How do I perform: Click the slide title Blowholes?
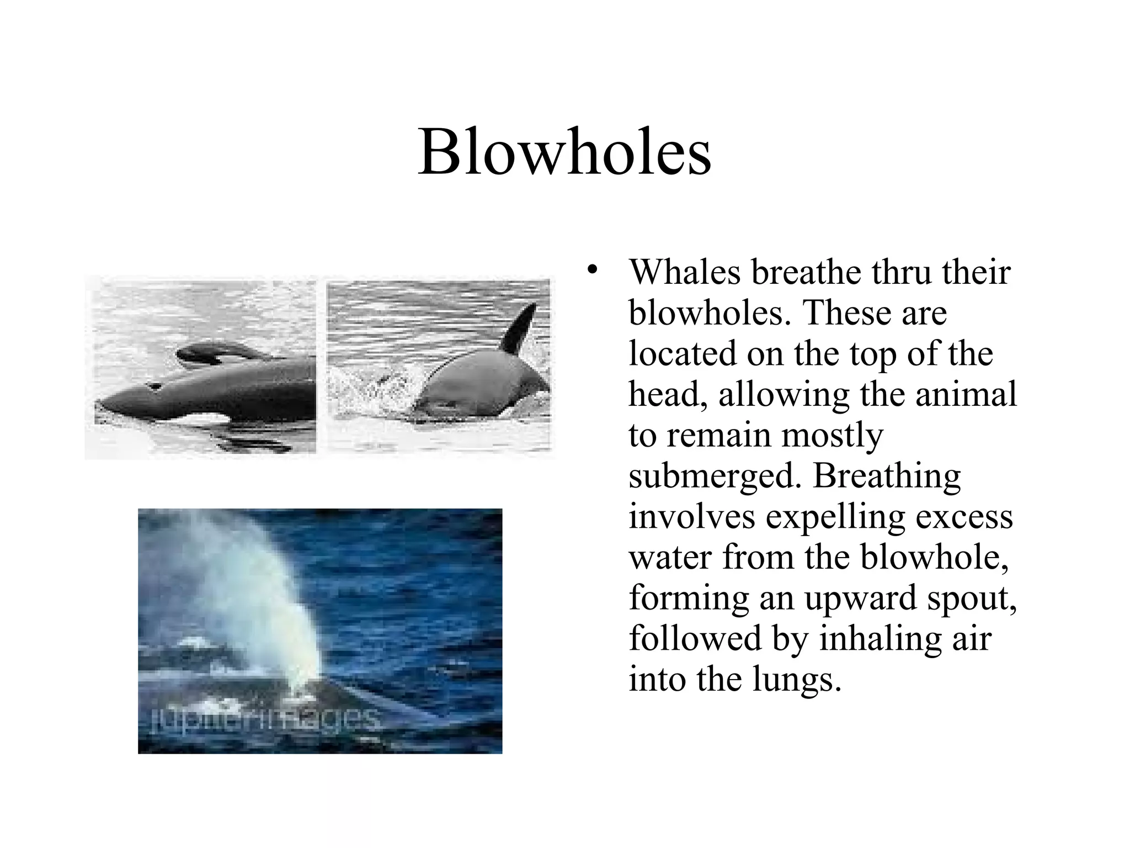click(x=564, y=152)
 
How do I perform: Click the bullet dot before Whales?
click(x=593, y=270)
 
